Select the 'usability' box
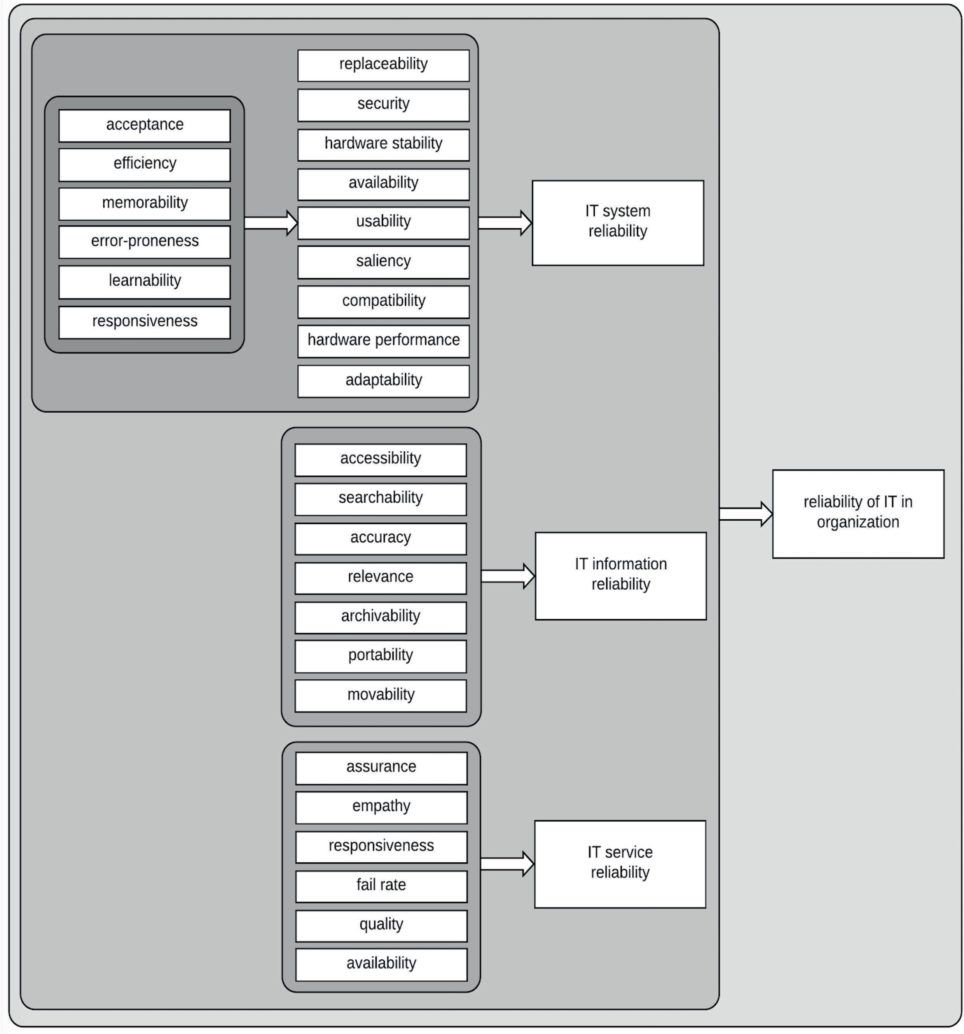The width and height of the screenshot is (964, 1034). click(383, 223)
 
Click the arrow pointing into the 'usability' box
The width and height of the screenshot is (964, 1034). click(270, 223)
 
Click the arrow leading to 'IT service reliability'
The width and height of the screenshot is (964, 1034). click(506, 864)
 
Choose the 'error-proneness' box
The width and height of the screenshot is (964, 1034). click(144, 242)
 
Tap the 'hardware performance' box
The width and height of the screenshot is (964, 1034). click(383, 341)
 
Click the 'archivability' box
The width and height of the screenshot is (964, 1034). click(380, 617)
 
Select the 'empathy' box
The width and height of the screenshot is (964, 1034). click(381, 807)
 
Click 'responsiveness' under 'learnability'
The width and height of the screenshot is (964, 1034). click(144, 322)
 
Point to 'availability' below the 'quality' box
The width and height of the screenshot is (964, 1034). click(381, 964)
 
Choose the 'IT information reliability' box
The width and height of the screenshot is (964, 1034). click(620, 575)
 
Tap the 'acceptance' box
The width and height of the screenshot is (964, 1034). click(144, 125)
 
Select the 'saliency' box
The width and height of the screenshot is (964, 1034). click(383, 262)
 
